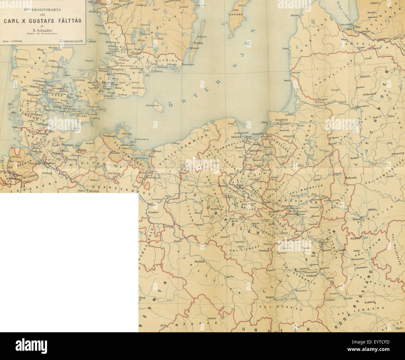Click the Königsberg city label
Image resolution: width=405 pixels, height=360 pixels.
[283, 120]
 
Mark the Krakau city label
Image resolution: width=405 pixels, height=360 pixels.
[270, 297]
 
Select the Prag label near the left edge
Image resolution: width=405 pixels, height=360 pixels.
[143, 297]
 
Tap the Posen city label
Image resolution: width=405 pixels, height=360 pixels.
[197, 213]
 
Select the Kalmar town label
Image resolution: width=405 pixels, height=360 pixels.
[195, 48]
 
